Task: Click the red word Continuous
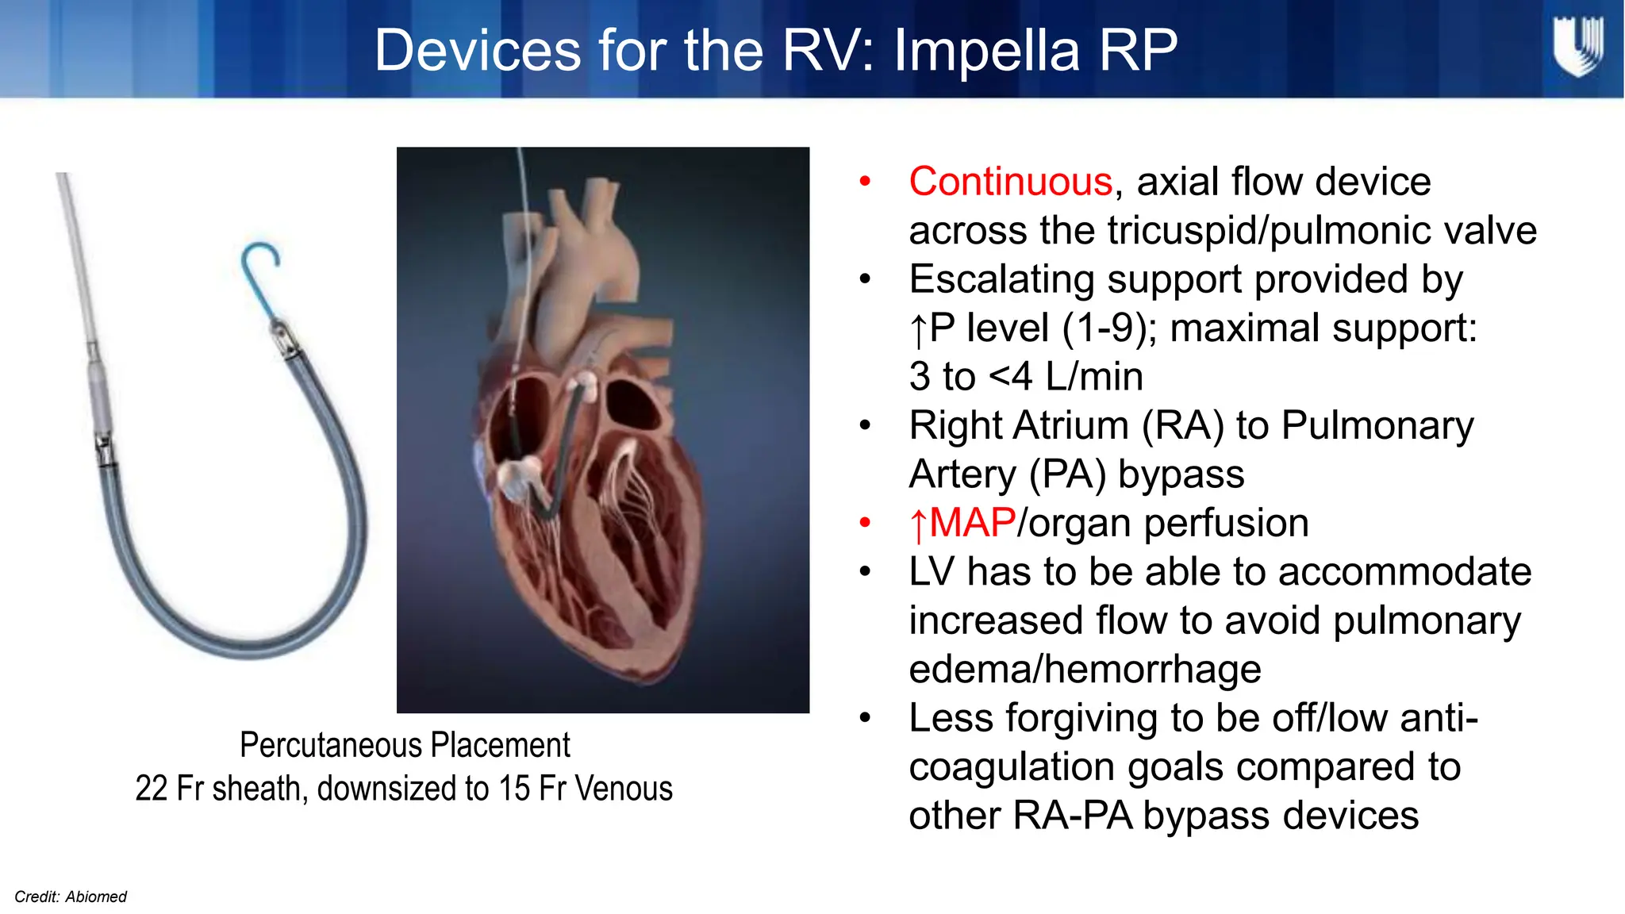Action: pos(1010,182)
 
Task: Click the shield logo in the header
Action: pos(1577,48)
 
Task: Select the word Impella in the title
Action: pos(987,51)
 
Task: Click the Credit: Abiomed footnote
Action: pos(71,897)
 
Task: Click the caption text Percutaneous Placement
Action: pos(405,745)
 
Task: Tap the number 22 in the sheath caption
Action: pos(152,789)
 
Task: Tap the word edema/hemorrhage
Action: pos(1085,670)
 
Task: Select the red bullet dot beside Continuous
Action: pos(865,182)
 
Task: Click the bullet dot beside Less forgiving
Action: pos(865,719)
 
